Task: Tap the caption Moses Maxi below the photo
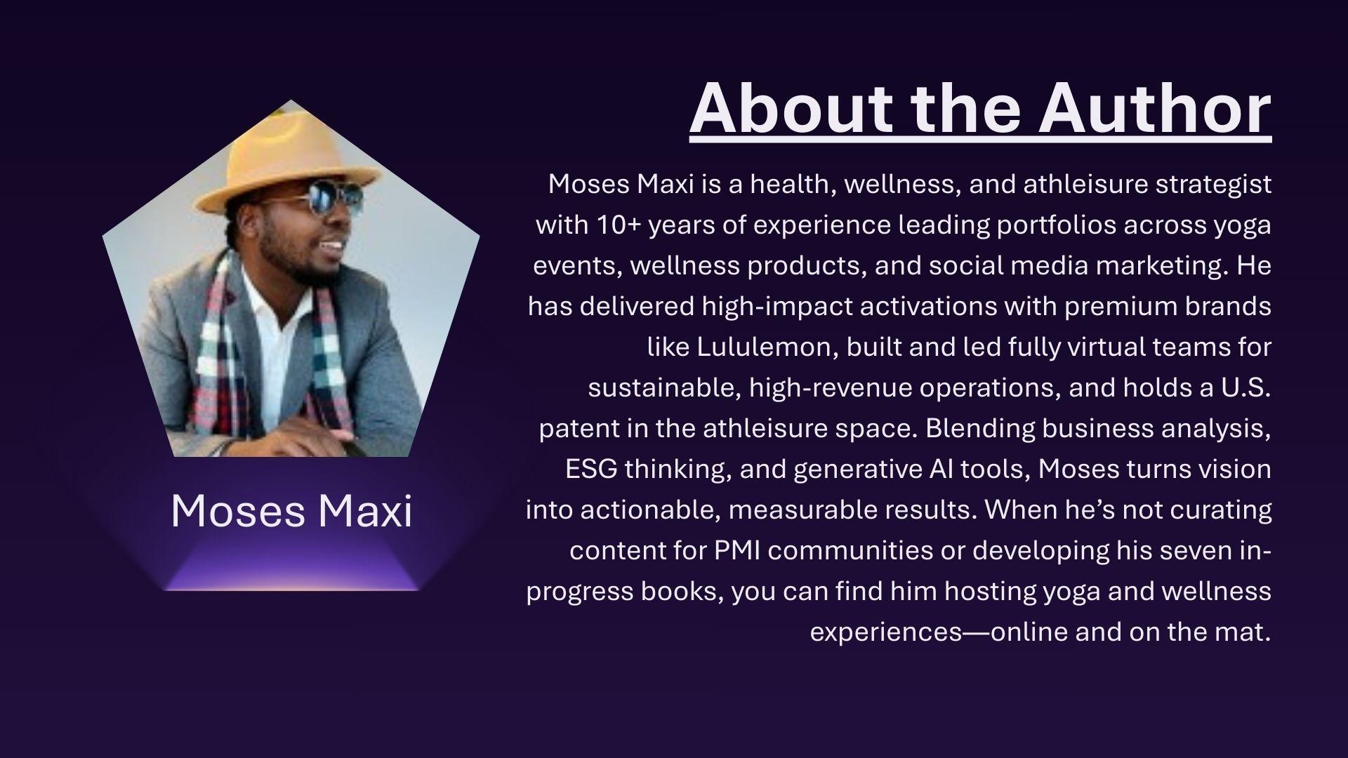[291, 510]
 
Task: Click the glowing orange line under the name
[291, 588]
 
